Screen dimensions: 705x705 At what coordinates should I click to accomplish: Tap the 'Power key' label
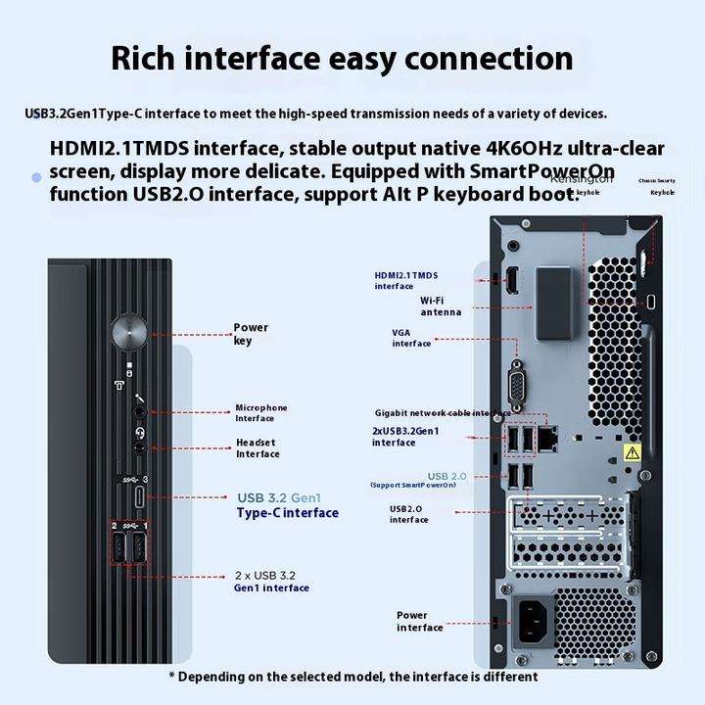250,334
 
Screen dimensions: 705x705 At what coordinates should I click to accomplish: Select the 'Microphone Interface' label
261,412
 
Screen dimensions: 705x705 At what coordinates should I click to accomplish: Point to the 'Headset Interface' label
258,447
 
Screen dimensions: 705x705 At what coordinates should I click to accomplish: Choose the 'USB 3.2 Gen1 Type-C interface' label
287,504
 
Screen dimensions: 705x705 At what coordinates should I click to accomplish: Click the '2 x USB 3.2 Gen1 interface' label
271,582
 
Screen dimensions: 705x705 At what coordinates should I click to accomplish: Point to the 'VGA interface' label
411,338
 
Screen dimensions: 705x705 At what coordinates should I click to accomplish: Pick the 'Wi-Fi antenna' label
441,305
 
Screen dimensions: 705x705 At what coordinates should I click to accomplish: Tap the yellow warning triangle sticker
633,452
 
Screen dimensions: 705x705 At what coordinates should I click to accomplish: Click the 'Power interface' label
419,621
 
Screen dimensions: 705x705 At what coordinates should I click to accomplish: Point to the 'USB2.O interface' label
409,513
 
